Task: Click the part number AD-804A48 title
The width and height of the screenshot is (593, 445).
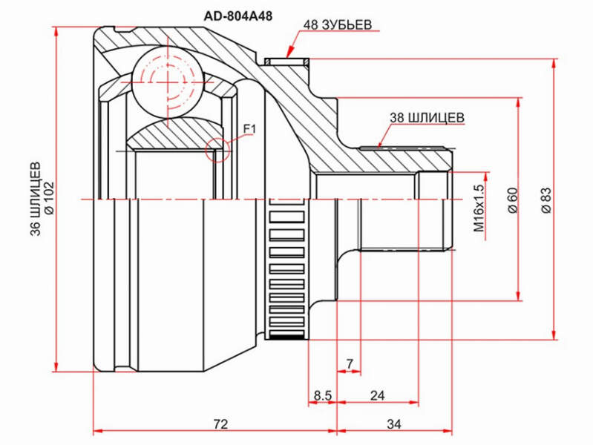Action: [238, 16]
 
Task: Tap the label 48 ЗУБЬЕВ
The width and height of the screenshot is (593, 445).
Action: [338, 25]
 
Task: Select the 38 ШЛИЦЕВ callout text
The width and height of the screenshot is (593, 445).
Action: [427, 118]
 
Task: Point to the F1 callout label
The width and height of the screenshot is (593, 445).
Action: [249, 129]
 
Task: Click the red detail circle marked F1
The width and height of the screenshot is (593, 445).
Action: [217, 150]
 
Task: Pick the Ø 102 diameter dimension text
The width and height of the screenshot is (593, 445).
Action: [50, 198]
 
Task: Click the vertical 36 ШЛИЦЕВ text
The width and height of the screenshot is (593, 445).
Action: [36, 199]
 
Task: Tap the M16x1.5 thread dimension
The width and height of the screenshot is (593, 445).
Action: [479, 207]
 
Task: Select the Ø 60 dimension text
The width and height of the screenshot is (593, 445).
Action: [513, 200]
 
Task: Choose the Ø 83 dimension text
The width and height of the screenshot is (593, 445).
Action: [547, 200]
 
